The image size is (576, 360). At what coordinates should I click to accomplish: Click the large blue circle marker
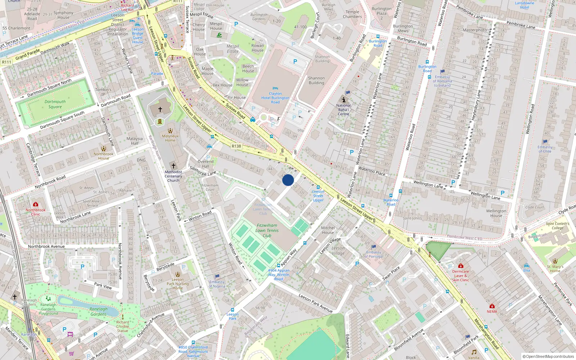pyautogui.click(x=288, y=180)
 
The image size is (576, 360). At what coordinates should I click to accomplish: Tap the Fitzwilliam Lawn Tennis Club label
pyautogui.click(x=267, y=230)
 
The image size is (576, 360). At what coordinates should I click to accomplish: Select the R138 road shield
pyautogui.click(x=236, y=146)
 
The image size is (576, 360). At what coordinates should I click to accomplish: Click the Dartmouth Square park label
pyautogui.click(x=55, y=104)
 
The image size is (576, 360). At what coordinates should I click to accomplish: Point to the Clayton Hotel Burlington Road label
pyautogui.click(x=275, y=98)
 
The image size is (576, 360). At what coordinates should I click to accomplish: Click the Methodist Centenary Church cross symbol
pyautogui.click(x=173, y=166)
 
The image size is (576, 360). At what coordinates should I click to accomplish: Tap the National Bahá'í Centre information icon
pyautogui.click(x=343, y=100)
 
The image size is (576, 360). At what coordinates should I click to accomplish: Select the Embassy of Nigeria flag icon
pyautogui.click(x=217, y=276)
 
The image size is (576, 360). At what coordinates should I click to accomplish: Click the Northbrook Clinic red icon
pyautogui.click(x=35, y=204)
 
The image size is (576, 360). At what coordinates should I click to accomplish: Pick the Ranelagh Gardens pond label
pyautogui.click(x=98, y=311)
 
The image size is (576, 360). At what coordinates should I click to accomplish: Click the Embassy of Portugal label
pyautogui.click(x=374, y=254)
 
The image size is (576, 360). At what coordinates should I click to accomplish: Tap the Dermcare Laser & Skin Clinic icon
pyautogui.click(x=460, y=266)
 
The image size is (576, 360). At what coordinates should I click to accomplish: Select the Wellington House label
pyautogui.click(x=496, y=213)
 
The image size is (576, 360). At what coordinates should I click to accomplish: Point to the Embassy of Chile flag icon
pyautogui.click(x=545, y=142)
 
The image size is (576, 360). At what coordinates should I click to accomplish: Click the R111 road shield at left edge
pyautogui.click(x=6, y=62)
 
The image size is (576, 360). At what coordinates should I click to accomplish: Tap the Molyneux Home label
pyautogui.click(x=170, y=138)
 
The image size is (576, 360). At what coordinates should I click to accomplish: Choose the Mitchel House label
pyautogui.click(x=328, y=230)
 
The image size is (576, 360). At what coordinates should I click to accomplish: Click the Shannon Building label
pyautogui.click(x=316, y=80)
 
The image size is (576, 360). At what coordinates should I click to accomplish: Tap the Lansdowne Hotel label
pyautogui.click(x=525, y=5)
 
